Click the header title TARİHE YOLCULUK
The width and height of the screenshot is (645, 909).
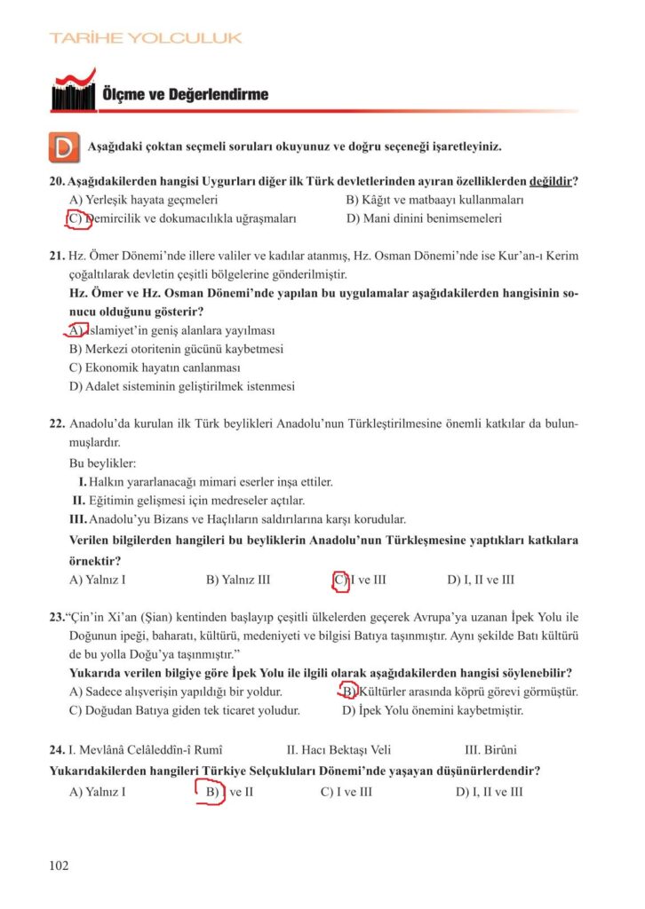pyautogui.click(x=146, y=38)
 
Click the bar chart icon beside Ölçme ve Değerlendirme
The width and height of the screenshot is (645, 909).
pyautogui.click(x=74, y=91)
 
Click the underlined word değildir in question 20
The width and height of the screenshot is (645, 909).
pyautogui.click(x=550, y=182)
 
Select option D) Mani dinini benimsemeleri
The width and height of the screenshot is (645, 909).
pyautogui.click(x=424, y=217)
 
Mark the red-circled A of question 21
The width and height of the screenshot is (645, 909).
pyautogui.click(x=76, y=330)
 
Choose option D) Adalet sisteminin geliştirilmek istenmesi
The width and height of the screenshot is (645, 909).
pyautogui.click(x=181, y=386)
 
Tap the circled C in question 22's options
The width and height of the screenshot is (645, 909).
pyautogui.click(x=339, y=581)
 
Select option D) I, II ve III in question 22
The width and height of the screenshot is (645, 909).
pyautogui.click(x=481, y=581)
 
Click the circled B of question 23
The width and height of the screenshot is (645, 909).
pyautogui.click(x=348, y=692)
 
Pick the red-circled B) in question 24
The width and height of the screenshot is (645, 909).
pyautogui.click(x=211, y=792)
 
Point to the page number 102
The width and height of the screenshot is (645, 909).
pyautogui.click(x=59, y=866)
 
